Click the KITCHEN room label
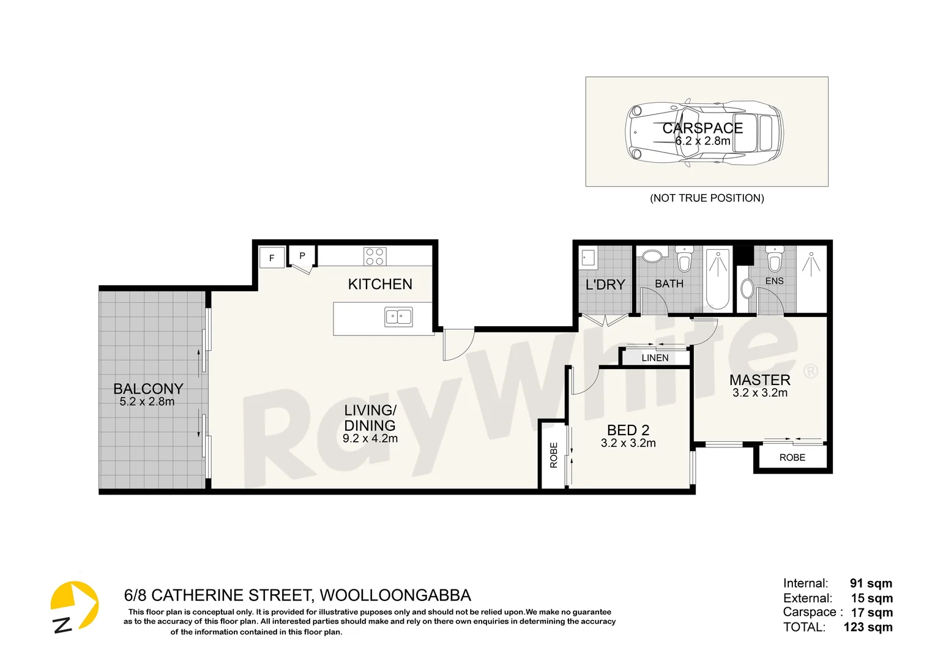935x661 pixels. click(380, 284)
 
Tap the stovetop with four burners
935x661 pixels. click(374, 256)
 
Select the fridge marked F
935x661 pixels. click(272, 258)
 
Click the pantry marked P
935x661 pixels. click(302, 256)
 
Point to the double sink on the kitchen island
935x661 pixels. click(398, 317)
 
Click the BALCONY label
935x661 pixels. click(148, 389)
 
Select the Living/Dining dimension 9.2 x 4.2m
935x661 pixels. click(370, 439)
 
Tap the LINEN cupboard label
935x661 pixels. click(655, 358)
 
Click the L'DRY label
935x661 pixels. click(605, 285)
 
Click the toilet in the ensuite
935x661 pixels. click(775, 260)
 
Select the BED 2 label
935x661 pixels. click(628, 430)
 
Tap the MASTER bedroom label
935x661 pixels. click(759, 379)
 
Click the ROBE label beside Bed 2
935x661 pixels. click(554, 455)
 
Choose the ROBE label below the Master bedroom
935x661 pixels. click(792, 458)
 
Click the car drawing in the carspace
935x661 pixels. click(704, 132)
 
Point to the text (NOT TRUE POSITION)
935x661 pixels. click(707, 198)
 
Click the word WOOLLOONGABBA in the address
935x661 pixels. click(395, 596)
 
